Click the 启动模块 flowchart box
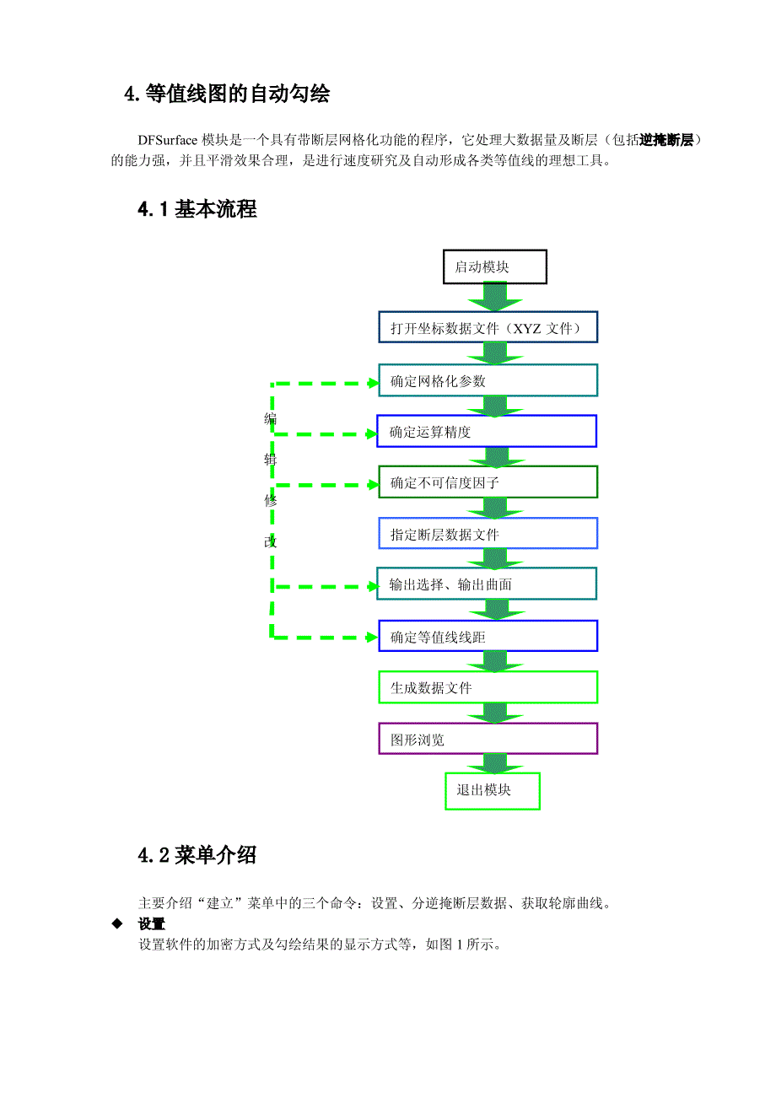[x=495, y=266]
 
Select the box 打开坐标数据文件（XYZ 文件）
[x=488, y=327]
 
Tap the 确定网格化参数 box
[x=488, y=380]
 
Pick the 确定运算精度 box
[x=487, y=432]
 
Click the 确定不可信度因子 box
[x=488, y=483]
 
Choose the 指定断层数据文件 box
[x=488, y=534]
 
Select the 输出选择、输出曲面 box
[x=487, y=584]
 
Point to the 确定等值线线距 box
[x=488, y=637]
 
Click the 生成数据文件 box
[x=488, y=687]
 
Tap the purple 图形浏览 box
[x=488, y=740]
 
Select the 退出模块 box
[x=493, y=791]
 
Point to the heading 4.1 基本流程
[x=197, y=210]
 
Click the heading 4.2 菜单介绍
[x=197, y=856]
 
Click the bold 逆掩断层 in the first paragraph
[x=666, y=140]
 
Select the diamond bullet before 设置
[x=117, y=924]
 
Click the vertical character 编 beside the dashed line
[x=270, y=419]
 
